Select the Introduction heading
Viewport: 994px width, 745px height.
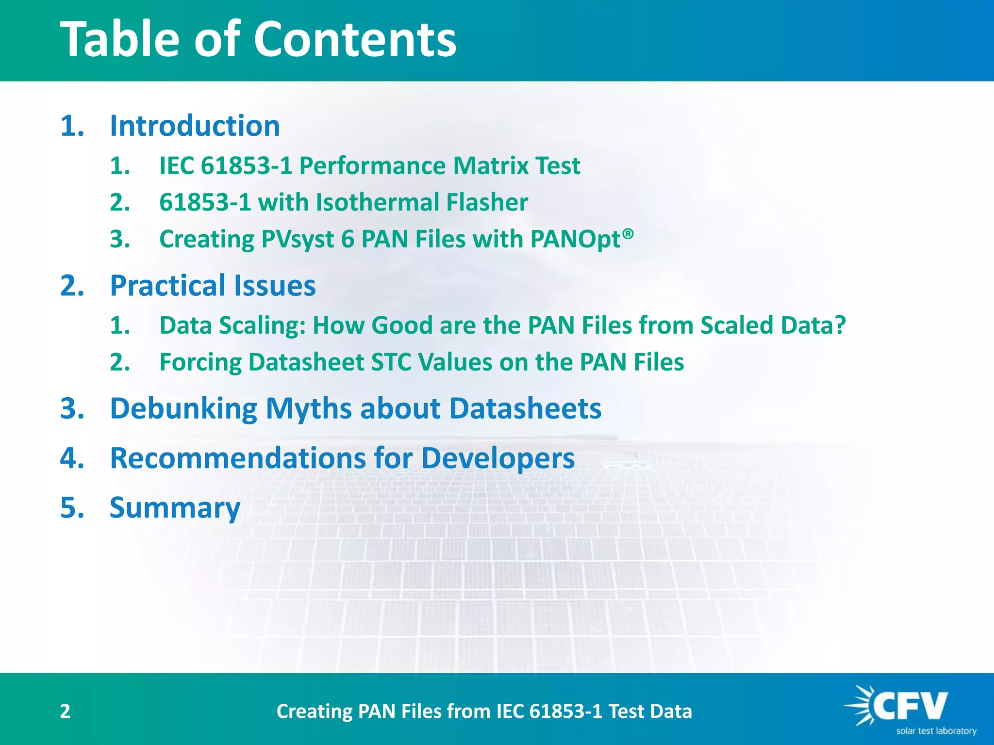click(195, 126)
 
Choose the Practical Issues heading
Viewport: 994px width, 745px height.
click(213, 285)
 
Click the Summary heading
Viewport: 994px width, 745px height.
click(175, 508)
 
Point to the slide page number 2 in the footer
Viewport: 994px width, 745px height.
click(65, 711)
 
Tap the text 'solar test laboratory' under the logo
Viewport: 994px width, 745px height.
click(936, 731)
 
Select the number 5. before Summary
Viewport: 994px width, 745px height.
click(72, 508)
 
